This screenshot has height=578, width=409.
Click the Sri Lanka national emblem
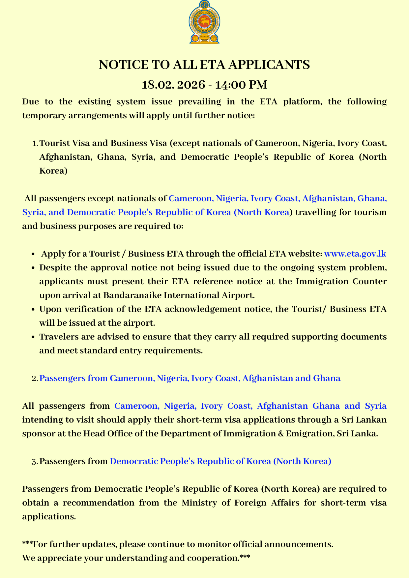click(x=204, y=22)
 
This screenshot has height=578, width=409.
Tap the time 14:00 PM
click(x=241, y=85)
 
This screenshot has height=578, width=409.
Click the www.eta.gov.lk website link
click(x=355, y=254)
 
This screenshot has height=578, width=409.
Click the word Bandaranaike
click(x=131, y=295)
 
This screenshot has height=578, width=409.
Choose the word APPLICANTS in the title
click(x=269, y=65)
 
